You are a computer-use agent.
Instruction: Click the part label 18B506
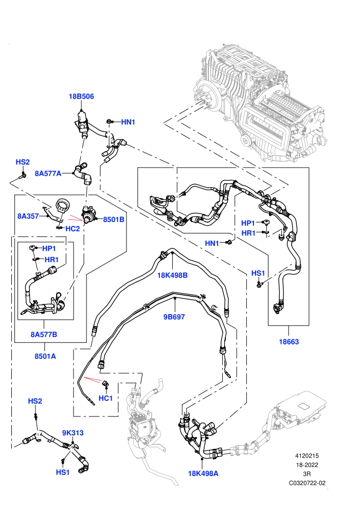pos(81,97)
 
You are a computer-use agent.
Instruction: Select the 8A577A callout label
pos(48,174)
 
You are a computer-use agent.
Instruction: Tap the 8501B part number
pos(114,220)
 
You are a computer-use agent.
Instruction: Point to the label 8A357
pos(28,216)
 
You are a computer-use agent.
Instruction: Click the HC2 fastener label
pos(73,228)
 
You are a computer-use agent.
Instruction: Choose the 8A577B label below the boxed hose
pos(44,334)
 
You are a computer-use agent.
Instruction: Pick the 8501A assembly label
pos(45,356)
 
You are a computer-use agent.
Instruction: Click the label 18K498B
pos(172,275)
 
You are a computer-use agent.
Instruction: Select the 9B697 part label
pos(174,317)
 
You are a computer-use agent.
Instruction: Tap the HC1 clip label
pos(105,398)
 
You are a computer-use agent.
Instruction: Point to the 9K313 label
pos(73,433)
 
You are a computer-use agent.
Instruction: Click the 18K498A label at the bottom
pos(203,474)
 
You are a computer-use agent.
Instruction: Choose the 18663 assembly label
pos(289,341)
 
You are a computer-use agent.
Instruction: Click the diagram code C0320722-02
pos(307,483)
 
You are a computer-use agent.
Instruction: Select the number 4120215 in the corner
pos(307,456)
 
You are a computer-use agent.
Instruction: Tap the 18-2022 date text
pos(307,465)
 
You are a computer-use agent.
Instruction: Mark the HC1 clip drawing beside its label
pos(105,384)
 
